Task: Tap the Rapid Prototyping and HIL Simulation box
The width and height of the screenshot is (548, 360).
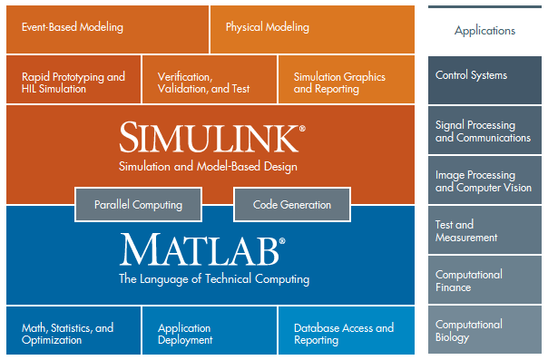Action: click(73, 83)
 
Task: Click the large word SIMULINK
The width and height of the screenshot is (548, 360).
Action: click(209, 137)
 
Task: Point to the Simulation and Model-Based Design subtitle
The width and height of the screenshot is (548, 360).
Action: click(208, 166)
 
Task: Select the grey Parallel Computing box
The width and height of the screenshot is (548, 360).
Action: click(138, 205)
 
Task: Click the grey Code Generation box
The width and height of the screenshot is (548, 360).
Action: click(291, 205)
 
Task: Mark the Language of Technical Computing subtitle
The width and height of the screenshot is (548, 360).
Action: click(214, 279)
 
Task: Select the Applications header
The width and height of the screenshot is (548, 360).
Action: click(484, 30)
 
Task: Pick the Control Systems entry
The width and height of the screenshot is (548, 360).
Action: click(484, 76)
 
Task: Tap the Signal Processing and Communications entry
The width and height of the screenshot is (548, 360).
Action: click(484, 131)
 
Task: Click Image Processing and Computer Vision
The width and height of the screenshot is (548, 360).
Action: click(484, 181)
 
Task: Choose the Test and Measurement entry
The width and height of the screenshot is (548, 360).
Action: click(484, 230)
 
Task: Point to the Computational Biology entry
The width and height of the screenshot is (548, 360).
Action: click(484, 330)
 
